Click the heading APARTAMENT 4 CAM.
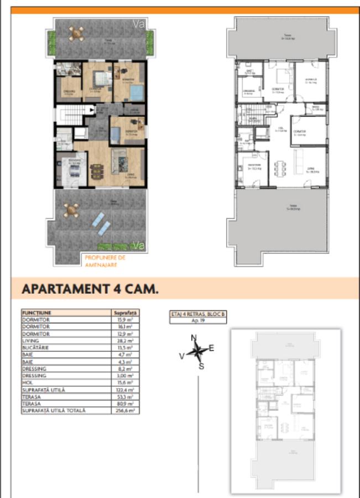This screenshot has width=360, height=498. [90, 289]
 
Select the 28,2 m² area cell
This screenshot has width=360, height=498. [126, 342]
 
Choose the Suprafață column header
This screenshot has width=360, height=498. [124, 313]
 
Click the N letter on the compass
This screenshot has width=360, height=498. [194, 338]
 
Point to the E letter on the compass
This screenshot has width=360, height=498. [211, 348]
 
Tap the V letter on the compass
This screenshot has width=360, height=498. [181, 357]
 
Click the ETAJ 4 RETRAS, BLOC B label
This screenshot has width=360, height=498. [198, 314]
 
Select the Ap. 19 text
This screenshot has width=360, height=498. [198, 320]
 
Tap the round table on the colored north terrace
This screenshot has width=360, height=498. [76, 33]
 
